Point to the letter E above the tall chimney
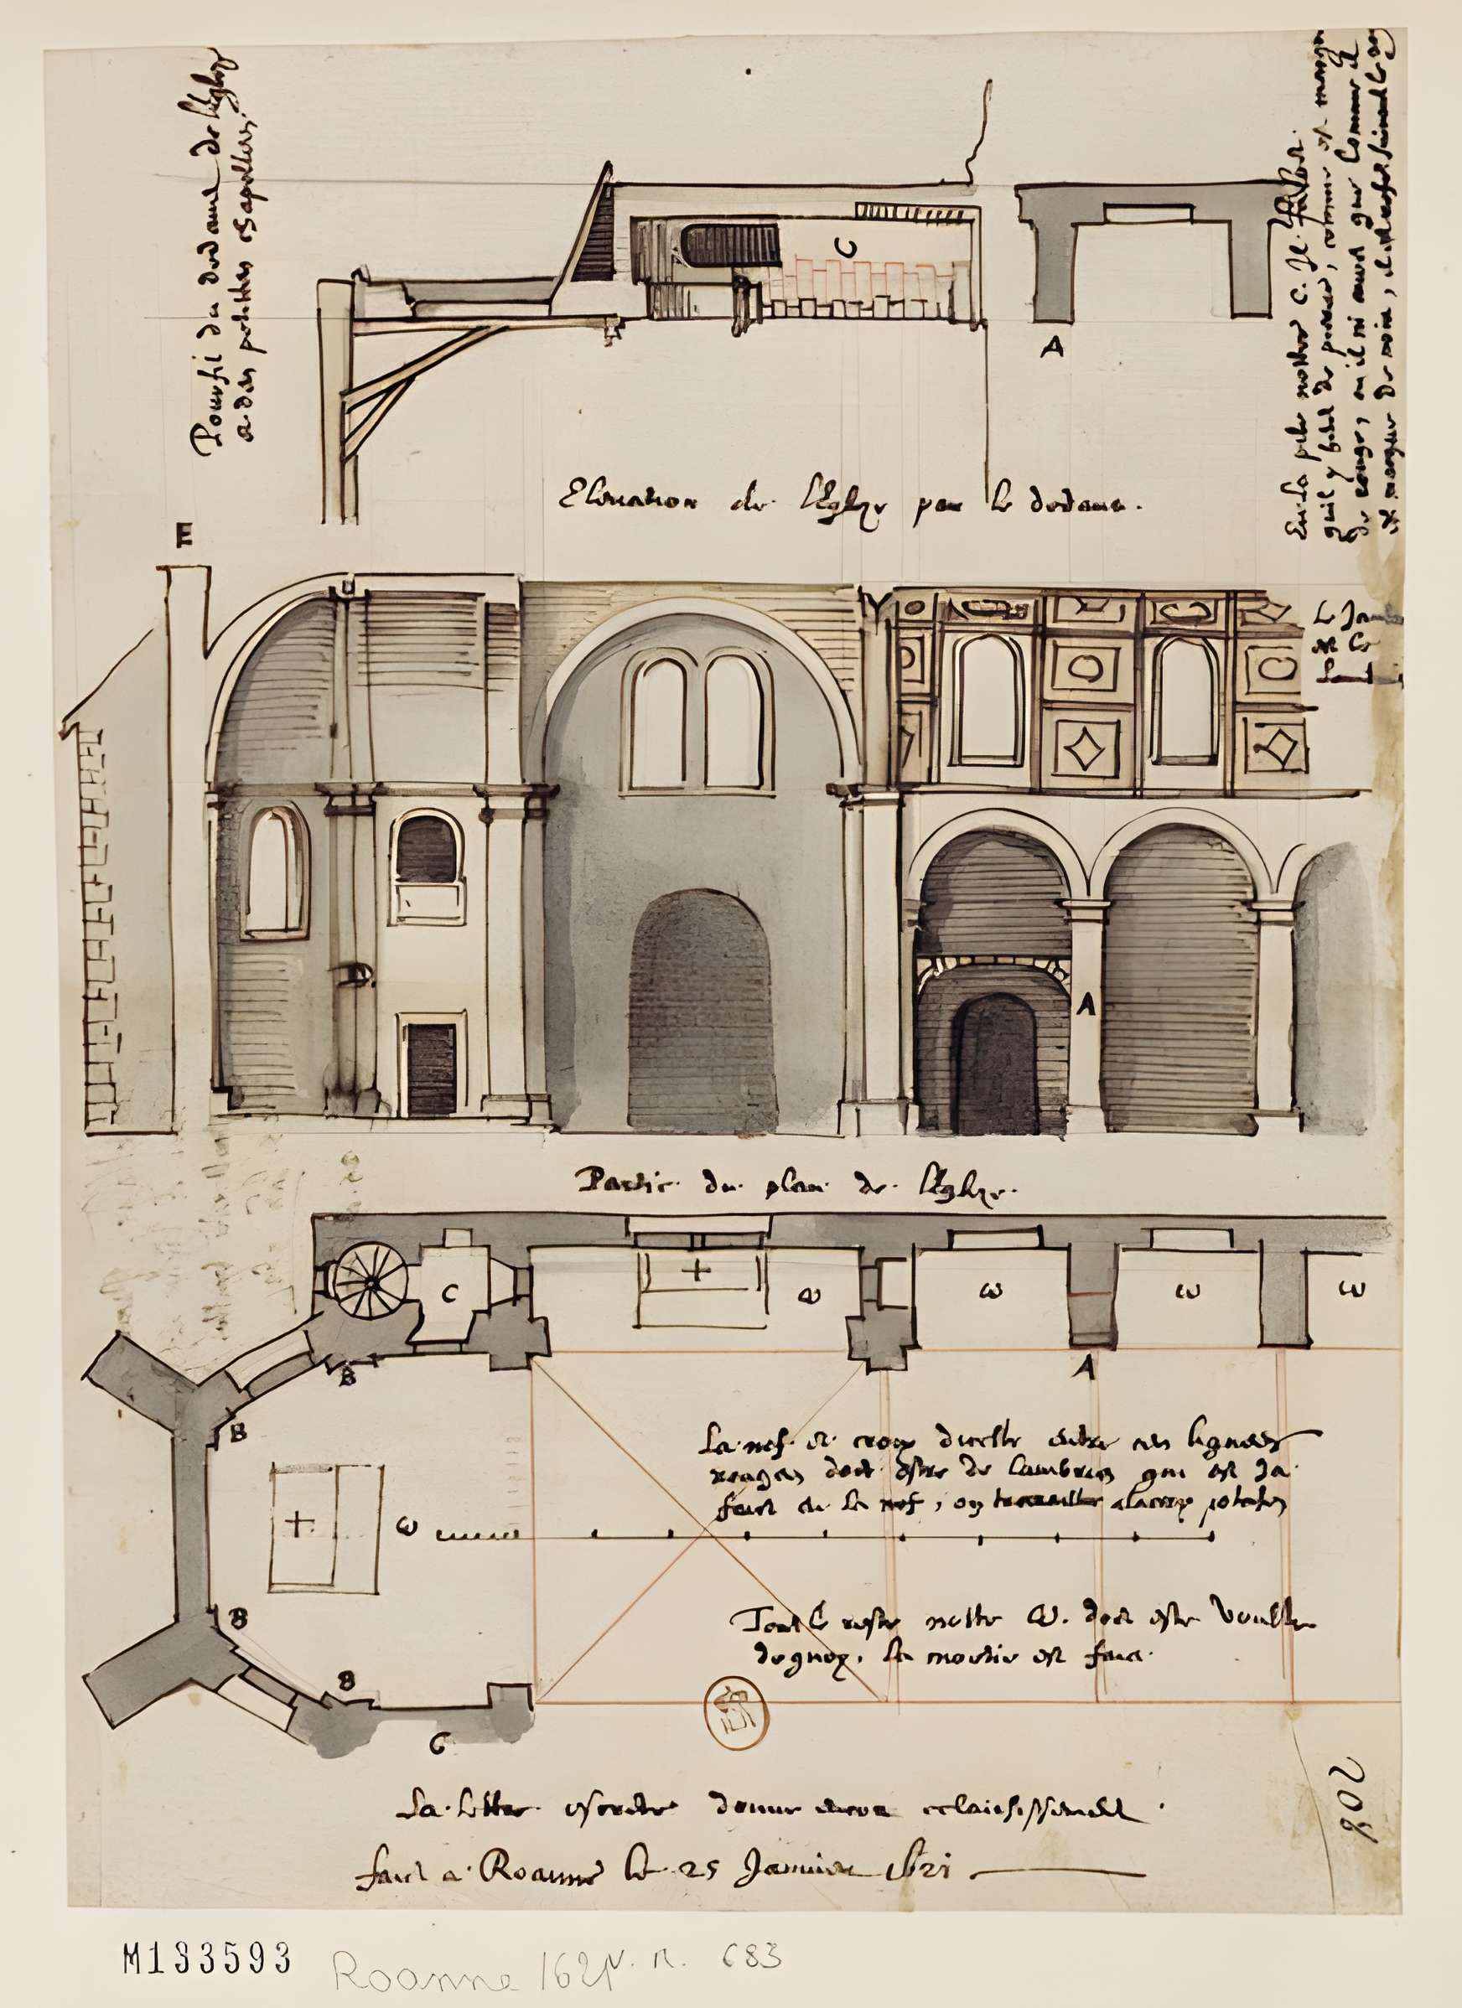184,536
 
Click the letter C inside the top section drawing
848,247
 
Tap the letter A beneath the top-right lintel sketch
1051,348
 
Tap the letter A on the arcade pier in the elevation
1086,1005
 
